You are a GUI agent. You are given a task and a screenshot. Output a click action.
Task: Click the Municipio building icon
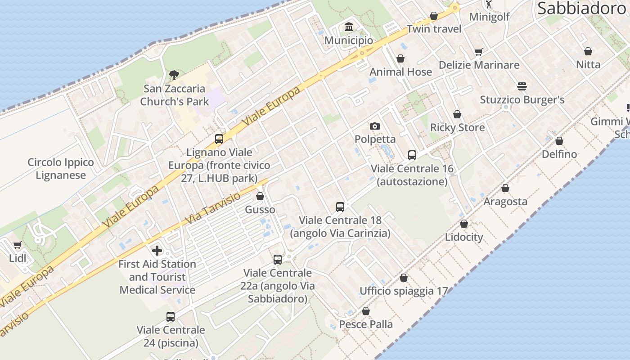[349, 27]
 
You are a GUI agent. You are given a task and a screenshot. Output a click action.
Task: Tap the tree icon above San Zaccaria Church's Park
[174, 75]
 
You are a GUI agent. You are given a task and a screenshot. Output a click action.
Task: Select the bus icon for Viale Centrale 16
[412, 155]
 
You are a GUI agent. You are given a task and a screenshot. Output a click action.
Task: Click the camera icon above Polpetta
[374, 126]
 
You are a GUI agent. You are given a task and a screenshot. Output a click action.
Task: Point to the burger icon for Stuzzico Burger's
[522, 86]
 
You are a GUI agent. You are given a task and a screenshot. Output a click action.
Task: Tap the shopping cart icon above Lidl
[17, 245]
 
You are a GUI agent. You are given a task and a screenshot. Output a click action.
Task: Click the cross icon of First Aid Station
[157, 250]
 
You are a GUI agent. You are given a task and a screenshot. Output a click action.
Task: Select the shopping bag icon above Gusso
[260, 197]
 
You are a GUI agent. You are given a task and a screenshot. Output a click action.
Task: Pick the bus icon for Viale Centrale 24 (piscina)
[171, 317]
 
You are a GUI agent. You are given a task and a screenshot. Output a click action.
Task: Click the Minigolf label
[489, 17]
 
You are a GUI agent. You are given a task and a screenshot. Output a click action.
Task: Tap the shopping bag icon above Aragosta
[505, 188]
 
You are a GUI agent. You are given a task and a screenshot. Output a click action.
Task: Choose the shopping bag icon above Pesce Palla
[366, 311]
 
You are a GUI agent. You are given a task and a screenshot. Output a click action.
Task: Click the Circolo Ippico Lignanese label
[60, 169]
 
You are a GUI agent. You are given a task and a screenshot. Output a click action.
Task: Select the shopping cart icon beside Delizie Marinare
[478, 52]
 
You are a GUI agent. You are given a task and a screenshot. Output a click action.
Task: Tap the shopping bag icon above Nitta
[588, 51]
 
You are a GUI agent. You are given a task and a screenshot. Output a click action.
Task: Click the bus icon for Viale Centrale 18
[340, 207]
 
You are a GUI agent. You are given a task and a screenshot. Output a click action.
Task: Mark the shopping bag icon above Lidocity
[464, 224]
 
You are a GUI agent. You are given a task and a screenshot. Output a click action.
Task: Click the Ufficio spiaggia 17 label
[404, 291]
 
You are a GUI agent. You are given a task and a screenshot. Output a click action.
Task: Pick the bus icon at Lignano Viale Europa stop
[219, 139]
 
